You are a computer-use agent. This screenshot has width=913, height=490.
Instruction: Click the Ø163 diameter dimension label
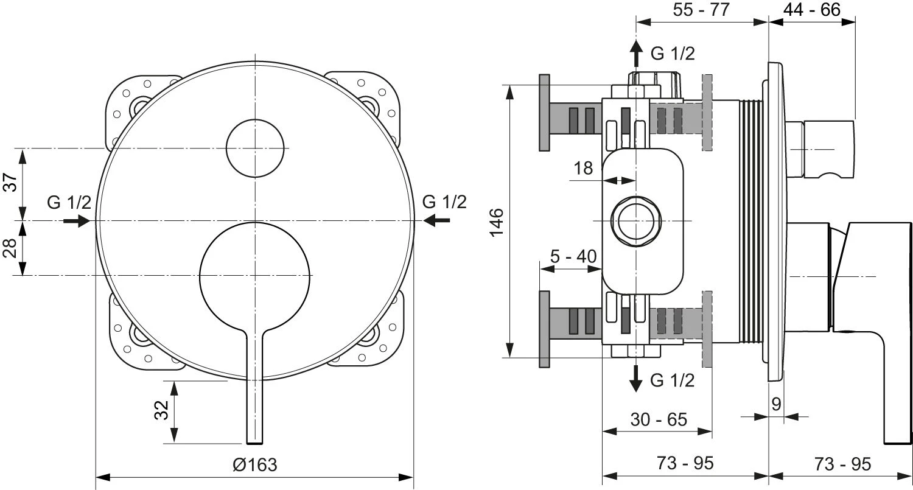point(255,465)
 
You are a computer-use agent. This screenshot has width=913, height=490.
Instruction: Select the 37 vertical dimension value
point(10,182)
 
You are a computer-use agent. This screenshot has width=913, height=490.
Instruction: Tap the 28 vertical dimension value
point(10,248)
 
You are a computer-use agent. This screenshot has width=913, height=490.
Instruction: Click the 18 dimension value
point(583,168)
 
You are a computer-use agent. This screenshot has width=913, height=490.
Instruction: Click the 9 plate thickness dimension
point(775,404)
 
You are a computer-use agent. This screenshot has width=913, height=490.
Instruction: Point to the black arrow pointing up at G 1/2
point(636,54)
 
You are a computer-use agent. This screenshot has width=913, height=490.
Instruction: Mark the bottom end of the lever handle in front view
point(255,439)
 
